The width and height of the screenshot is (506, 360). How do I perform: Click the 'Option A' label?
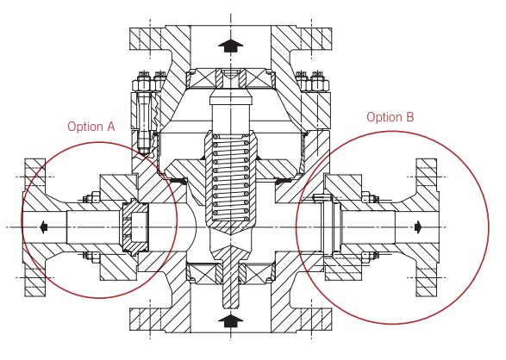click(x=91, y=127)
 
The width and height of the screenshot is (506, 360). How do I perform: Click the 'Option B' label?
click(x=390, y=116)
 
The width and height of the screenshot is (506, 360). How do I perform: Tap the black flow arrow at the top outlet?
click(x=230, y=47)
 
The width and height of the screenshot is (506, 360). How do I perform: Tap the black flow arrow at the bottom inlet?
click(x=230, y=321)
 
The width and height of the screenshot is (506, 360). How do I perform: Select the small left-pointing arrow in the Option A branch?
click(x=44, y=227)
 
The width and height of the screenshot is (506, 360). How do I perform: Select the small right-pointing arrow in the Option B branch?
click(x=418, y=227)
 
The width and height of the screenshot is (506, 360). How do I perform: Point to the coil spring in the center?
click(x=230, y=178)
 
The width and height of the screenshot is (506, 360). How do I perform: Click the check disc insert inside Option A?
click(x=134, y=227)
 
